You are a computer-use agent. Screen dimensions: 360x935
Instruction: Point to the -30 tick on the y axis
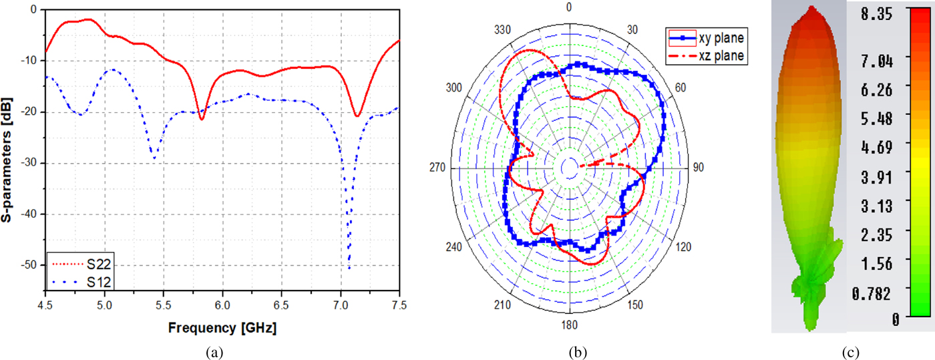30,163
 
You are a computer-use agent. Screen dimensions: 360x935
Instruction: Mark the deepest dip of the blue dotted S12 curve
349,268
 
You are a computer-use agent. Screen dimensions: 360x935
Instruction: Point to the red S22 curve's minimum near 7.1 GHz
358,116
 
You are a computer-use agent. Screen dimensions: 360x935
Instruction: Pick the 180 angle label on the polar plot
569,327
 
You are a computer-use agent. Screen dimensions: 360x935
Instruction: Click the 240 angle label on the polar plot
453,246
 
